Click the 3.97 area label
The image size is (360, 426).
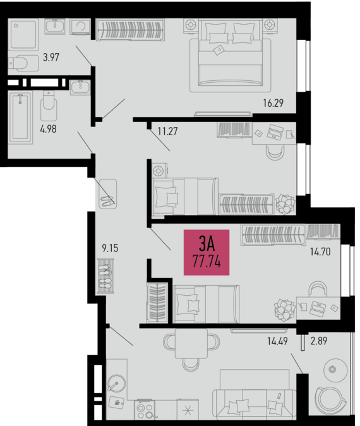point(51,58)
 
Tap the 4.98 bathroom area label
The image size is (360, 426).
point(49,129)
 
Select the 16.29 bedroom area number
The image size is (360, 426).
point(273,103)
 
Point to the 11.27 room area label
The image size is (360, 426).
point(168,131)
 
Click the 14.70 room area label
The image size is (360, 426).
point(320,252)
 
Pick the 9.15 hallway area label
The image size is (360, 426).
point(110,248)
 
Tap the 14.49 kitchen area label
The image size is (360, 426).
point(277,341)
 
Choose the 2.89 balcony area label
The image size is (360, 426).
point(319,341)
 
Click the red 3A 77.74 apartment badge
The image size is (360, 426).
point(207,252)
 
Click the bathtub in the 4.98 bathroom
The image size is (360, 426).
point(20,118)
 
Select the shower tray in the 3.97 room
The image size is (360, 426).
point(23,35)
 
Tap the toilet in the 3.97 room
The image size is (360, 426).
point(23,63)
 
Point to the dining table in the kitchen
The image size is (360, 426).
point(191,343)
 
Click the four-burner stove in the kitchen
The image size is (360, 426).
point(145,410)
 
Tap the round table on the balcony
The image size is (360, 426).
point(335,370)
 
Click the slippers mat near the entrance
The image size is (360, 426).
point(108,194)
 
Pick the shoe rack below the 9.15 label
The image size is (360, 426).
point(107,276)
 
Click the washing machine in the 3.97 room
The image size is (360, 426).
point(80,27)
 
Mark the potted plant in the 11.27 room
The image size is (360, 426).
point(285,204)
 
